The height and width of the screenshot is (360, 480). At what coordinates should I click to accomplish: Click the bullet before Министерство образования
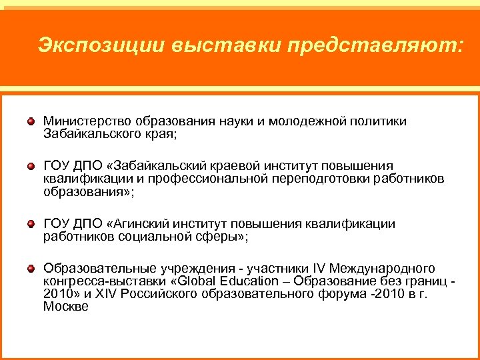(31, 123)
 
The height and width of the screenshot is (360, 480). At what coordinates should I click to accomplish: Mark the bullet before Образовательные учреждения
(31, 269)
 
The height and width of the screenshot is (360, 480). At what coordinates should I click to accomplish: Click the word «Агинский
(136, 224)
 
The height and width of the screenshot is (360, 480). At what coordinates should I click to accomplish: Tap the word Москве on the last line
(66, 306)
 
